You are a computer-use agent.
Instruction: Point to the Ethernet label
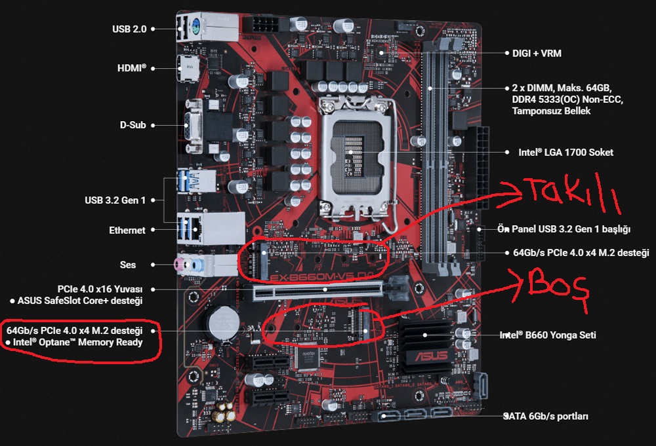click(127, 231)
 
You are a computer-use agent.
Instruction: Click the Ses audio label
click(128, 265)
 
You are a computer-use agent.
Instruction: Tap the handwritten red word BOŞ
click(554, 286)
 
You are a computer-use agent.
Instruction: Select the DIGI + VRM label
click(537, 53)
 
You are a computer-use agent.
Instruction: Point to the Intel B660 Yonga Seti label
click(550, 335)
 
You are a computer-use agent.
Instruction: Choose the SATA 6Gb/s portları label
click(546, 416)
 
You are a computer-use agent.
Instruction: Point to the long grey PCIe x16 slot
click(321, 291)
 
